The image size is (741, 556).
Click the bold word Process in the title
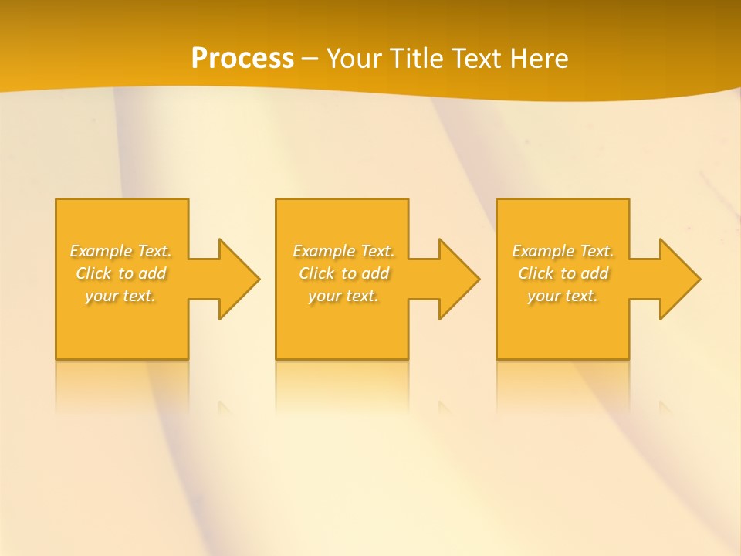[242, 59]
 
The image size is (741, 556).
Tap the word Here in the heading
[538, 59]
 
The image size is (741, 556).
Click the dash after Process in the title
[310, 59]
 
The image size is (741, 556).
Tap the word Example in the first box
[101, 251]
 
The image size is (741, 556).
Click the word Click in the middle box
[316, 273]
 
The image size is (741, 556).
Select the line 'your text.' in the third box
[563, 296]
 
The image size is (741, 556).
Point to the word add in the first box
[153, 273]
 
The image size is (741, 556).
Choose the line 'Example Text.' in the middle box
[343, 251]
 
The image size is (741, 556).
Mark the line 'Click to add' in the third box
[563, 273]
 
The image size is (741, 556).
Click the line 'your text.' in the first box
[121, 296]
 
